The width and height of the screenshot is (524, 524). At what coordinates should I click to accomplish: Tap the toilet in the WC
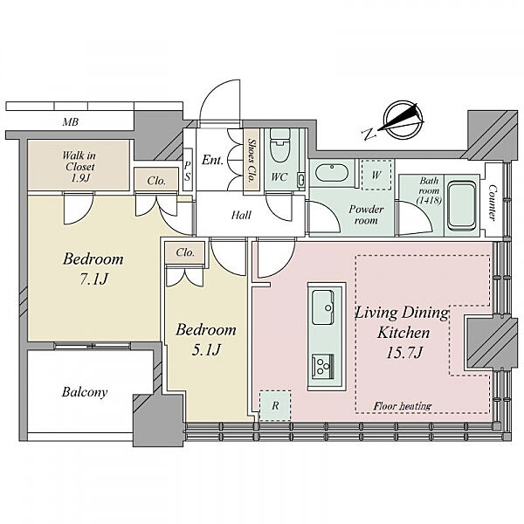pos(279,146)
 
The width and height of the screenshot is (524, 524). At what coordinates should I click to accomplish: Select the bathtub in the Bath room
pos(462,205)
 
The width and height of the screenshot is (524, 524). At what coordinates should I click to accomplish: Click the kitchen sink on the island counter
pos(323,307)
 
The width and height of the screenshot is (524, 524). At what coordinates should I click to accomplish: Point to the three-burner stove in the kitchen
pos(323,366)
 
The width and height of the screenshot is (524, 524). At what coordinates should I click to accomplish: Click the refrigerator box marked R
pos(275,406)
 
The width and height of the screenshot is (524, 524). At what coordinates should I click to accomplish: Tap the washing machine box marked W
pos(376,175)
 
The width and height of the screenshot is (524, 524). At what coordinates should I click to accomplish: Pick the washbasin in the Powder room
pos(332,172)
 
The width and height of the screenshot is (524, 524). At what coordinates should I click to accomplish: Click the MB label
pos(71,122)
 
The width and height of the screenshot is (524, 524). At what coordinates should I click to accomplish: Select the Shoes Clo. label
pos(252,160)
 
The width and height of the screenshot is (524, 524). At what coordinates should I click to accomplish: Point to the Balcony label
pos(85,392)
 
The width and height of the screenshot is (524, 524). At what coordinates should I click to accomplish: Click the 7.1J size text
pos(94,279)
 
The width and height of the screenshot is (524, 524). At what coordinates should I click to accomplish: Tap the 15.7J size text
pos(404,353)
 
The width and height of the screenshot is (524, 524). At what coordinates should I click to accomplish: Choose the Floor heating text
pos(403,406)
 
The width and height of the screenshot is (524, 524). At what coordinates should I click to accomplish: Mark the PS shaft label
pos(188,171)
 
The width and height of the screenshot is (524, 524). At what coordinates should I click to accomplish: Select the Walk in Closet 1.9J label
pos(79,167)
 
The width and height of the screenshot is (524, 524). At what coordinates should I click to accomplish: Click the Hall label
pos(241,215)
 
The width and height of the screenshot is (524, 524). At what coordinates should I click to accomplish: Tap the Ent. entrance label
pos(212,160)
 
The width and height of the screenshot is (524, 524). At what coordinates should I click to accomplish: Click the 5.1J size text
pos(206,350)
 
